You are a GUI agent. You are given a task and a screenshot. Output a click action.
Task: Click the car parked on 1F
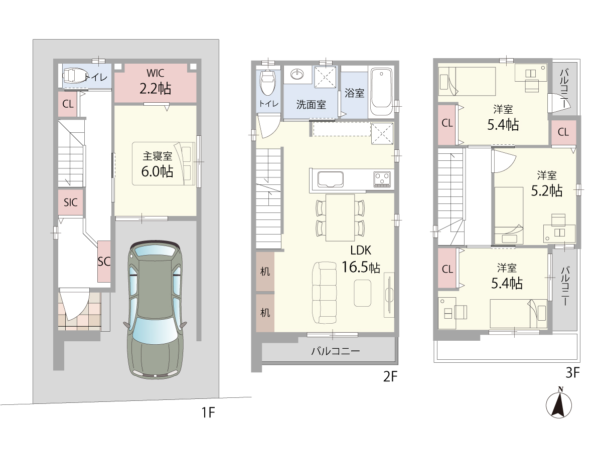point(155,310)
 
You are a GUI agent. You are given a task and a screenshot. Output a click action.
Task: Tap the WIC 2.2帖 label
point(155,82)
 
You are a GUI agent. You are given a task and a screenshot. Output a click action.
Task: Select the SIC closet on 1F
point(71,202)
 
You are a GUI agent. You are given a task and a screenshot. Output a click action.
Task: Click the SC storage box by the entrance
point(104,262)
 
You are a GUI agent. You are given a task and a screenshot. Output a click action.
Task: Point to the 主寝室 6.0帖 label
point(157,164)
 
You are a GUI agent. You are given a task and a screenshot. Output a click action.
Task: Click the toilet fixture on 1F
point(74,76)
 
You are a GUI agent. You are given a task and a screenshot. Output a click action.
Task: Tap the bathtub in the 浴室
point(381,92)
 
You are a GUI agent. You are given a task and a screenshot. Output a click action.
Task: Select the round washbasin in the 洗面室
point(297,74)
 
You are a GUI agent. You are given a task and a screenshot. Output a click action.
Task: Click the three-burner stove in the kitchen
point(382,179)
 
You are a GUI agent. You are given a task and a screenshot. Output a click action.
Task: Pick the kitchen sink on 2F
point(331,179)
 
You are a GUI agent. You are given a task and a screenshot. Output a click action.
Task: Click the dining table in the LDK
point(340,217)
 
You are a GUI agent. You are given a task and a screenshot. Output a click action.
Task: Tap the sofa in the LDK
point(325,293)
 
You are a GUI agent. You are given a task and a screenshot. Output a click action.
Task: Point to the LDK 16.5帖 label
point(361,259)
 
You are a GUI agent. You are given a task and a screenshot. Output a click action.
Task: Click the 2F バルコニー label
point(336,351)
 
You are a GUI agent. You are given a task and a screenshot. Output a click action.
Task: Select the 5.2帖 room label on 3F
point(547,184)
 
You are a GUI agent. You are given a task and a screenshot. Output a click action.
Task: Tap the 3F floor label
point(573,372)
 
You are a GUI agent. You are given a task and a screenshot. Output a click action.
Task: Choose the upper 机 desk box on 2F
point(265,272)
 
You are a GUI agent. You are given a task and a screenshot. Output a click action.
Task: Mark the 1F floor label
point(208,412)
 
